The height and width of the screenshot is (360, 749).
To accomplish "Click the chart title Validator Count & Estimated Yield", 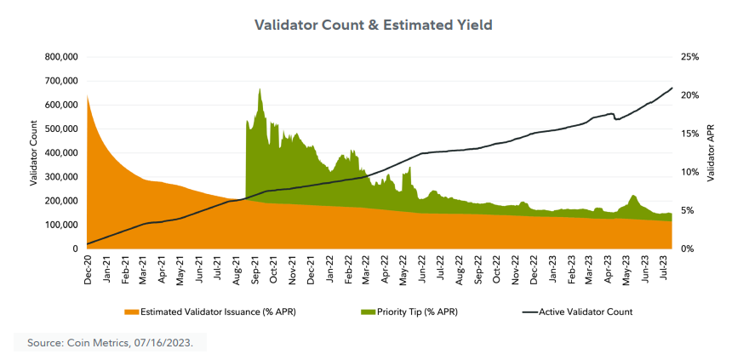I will coord(374,25).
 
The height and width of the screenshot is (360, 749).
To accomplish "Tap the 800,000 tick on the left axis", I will coord(60,57).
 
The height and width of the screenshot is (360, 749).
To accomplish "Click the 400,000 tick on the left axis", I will coord(60,153).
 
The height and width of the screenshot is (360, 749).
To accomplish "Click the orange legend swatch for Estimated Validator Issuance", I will coord(130,311).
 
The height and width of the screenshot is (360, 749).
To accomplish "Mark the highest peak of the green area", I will coord(260,89).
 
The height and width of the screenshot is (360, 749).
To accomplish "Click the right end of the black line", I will coord(672,88).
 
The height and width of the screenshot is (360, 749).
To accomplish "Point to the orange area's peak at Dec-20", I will coord(88,96).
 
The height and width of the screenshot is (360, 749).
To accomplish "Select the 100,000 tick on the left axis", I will coord(60,225).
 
